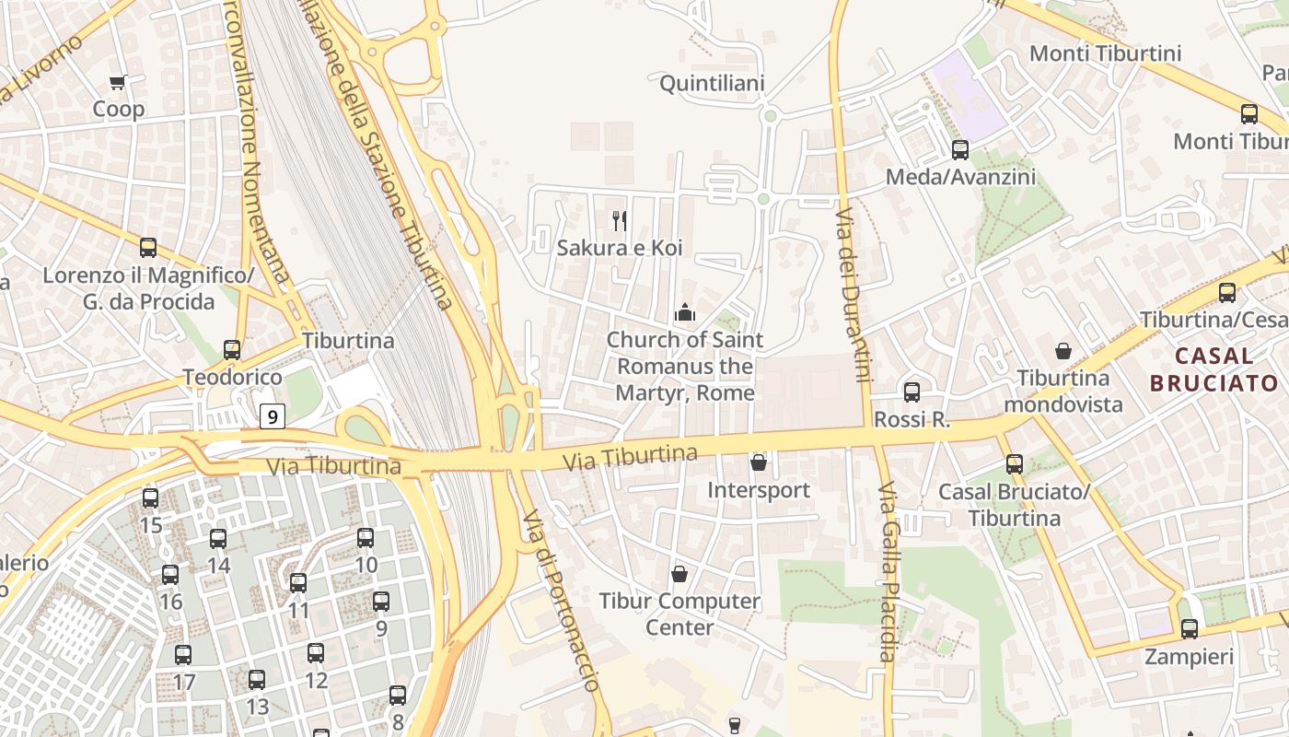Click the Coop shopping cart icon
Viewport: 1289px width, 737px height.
(x=118, y=83)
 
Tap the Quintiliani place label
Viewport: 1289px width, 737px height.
(x=712, y=84)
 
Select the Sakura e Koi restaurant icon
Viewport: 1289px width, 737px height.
(x=620, y=221)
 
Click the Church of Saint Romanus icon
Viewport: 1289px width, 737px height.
(x=684, y=313)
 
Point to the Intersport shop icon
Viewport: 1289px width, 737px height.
(x=759, y=462)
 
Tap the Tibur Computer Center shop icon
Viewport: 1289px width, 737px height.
(x=679, y=574)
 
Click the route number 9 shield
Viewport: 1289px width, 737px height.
(x=272, y=416)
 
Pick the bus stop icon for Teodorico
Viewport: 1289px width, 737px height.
(x=232, y=350)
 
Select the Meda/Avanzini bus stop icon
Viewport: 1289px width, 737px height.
(x=960, y=149)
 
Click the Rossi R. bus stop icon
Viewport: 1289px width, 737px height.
(x=912, y=392)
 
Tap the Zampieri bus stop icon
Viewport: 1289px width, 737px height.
(x=1190, y=629)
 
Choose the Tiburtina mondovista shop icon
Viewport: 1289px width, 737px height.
(x=1063, y=351)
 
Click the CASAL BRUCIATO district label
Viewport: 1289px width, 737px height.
(x=1214, y=369)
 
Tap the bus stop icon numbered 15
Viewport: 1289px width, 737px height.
(x=151, y=498)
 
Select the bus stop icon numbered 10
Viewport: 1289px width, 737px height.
(x=366, y=538)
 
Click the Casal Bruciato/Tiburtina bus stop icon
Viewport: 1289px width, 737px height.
(x=1015, y=464)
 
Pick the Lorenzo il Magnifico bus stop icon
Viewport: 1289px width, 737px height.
(x=148, y=248)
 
